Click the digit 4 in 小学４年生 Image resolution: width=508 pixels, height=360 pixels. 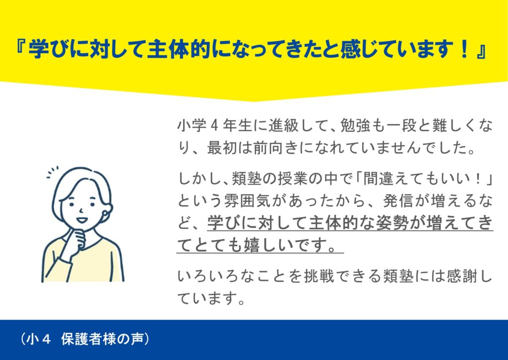[214, 126]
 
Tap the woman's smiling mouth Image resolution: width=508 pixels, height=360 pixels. [81, 219]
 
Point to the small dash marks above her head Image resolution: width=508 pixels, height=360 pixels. [52, 172]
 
